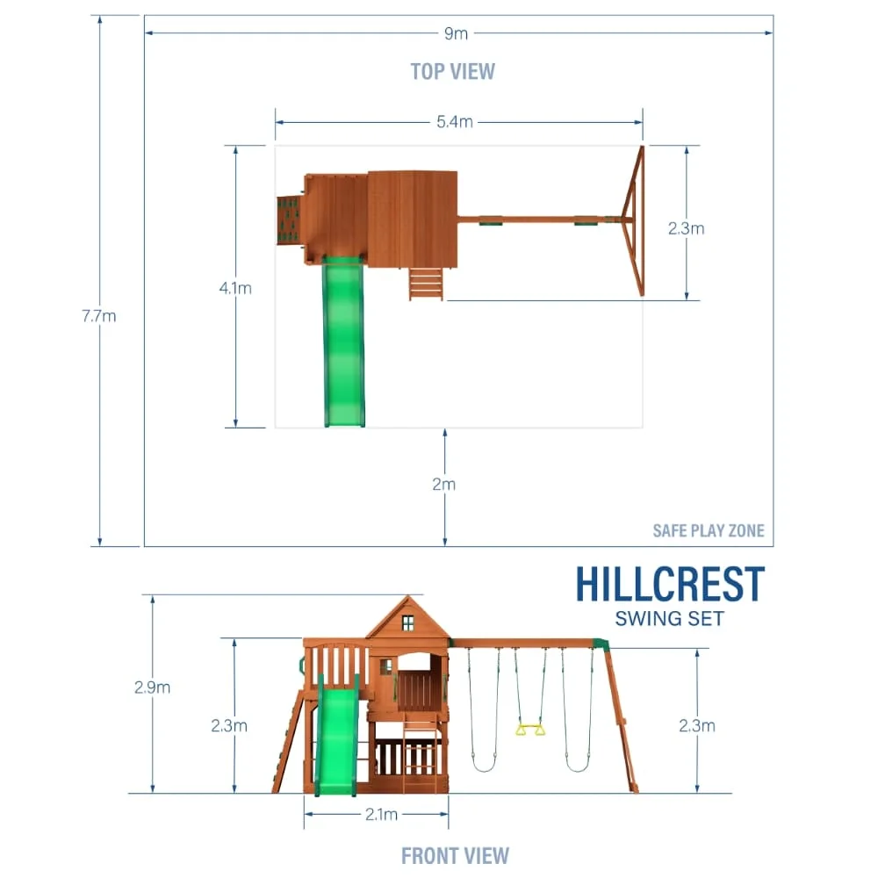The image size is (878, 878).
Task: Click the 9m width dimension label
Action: [x=456, y=33]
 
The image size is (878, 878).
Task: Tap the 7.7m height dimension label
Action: [x=99, y=316]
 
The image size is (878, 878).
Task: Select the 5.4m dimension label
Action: [x=455, y=122]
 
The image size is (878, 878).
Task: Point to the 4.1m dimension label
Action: [x=235, y=288]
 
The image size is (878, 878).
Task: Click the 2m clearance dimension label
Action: [x=444, y=484]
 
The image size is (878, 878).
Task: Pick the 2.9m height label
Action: [x=153, y=687]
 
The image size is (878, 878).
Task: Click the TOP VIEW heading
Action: [x=452, y=71]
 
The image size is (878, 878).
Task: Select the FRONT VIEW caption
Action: [x=455, y=854]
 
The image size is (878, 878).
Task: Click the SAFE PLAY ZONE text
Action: [x=708, y=530]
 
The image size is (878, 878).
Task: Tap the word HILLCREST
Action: [x=670, y=585]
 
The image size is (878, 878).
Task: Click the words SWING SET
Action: [x=669, y=619]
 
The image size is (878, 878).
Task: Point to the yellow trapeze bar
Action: [x=529, y=729]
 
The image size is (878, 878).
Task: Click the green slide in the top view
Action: [x=344, y=342]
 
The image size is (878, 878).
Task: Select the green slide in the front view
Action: [x=337, y=742]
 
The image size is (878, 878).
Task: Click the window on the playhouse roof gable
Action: [x=407, y=623]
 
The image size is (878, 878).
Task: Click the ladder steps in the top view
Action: [x=426, y=284]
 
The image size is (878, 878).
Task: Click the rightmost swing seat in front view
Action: [x=577, y=766]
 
